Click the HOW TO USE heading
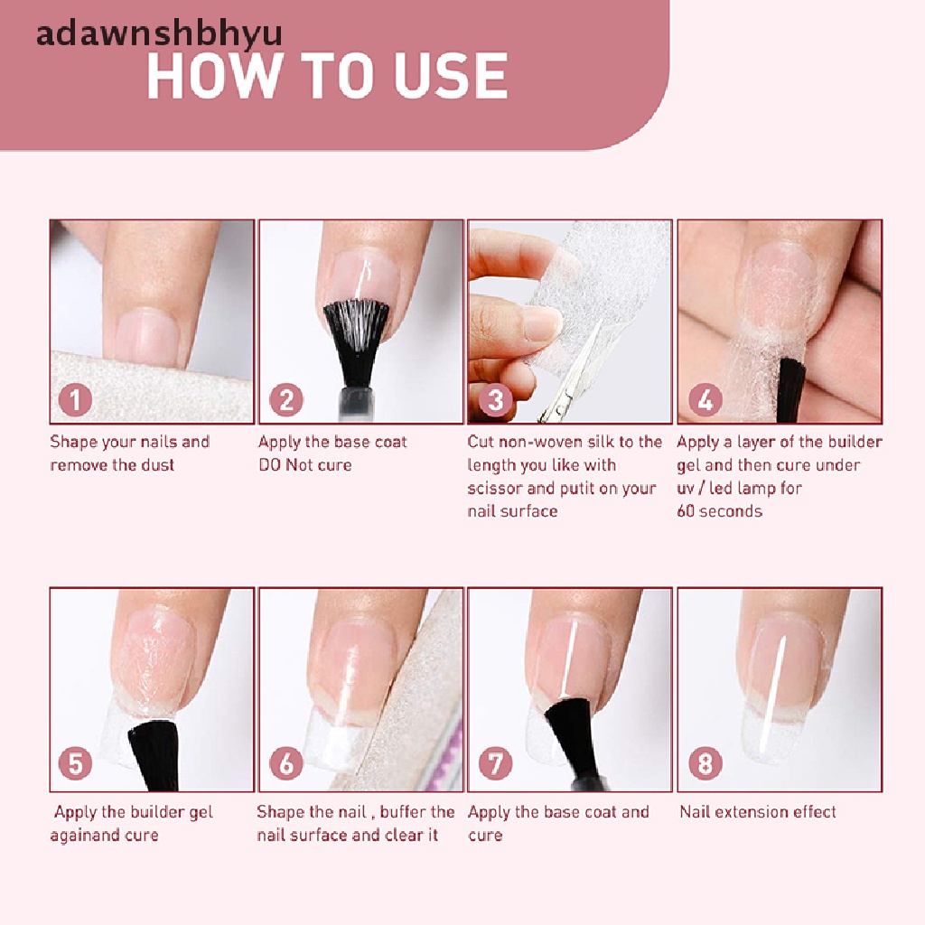click(327, 75)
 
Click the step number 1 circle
click(75, 398)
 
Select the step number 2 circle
click(285, 398)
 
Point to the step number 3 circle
click(495, 398)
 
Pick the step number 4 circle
click(705, 398)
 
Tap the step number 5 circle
click(75, 764)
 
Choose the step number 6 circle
click(285, 764)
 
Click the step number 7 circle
click(495, 764)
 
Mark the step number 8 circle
click(705, 764)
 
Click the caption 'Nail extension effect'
click(758, 812)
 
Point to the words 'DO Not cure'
click(304, 465)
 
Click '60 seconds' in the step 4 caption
click(719, 511)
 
